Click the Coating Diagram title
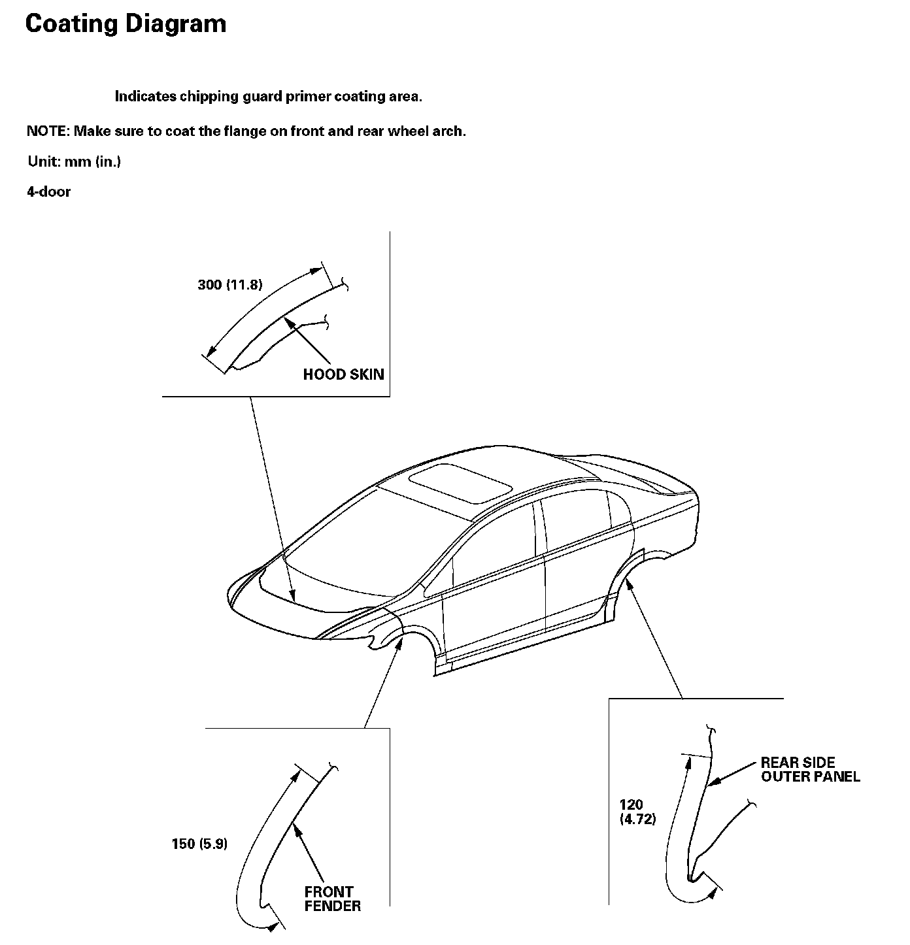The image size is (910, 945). tap(126, 24)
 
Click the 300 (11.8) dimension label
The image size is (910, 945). tap(229, 285)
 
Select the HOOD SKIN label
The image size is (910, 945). tap(343, 374)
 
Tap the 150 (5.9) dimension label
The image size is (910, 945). tap(199, 844)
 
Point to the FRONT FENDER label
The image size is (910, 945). tap(332, 899)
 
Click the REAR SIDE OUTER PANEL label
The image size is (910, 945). tap(810, 770)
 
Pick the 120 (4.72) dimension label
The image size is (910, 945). tap(637, 812)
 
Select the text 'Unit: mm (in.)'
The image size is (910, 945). tap(74, 161)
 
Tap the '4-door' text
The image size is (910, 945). tap(48, 192)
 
